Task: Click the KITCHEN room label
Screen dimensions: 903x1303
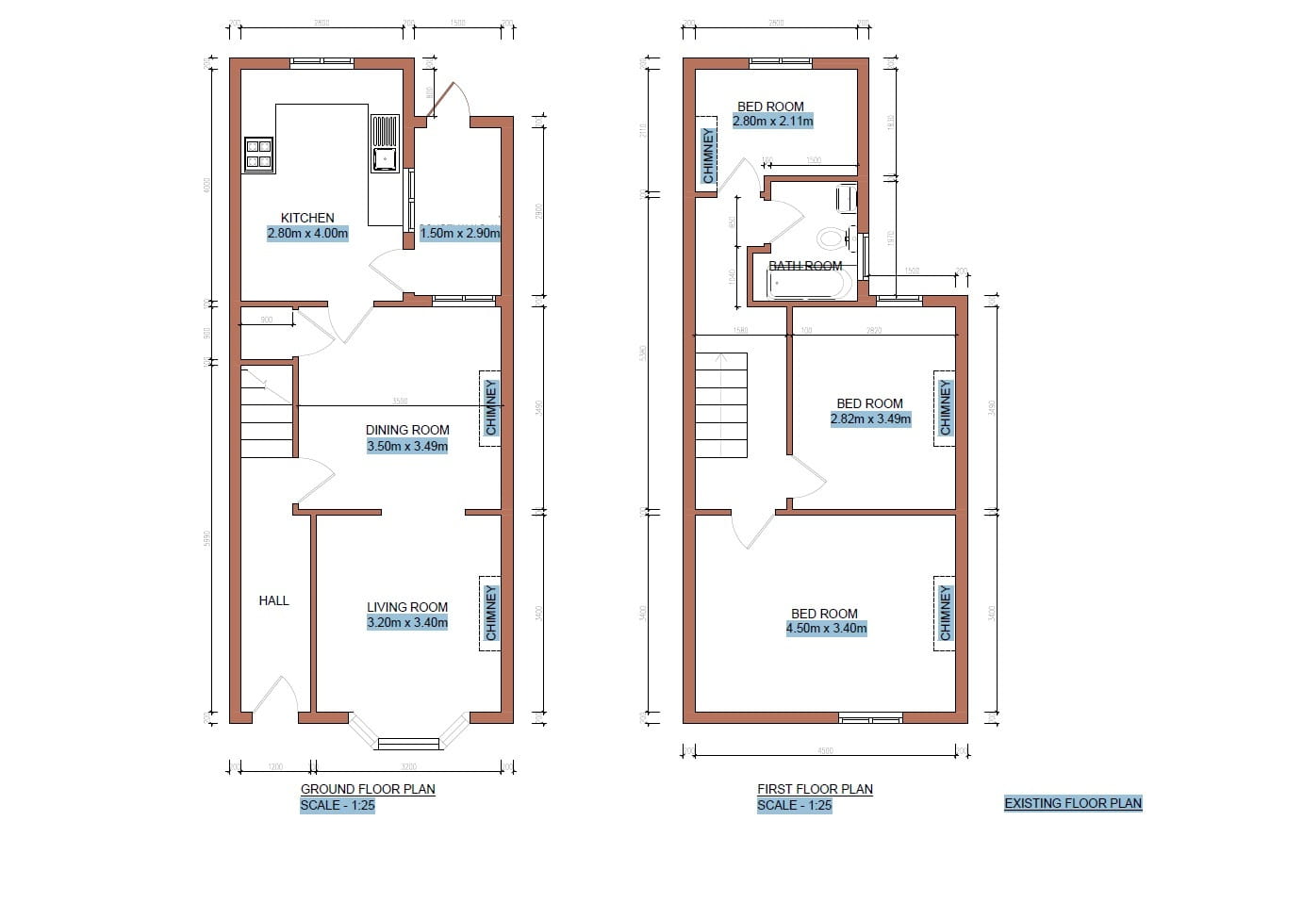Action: click(x=307, y=218)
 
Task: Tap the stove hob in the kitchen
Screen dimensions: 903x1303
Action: click(x=258, y=154)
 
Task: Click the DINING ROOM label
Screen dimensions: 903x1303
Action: click(x=407, y=430)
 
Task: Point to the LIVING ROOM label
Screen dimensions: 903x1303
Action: click(x=407, y=607)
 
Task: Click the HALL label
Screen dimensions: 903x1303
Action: click(x=273, y=600)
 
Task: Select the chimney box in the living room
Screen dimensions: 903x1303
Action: click(x=490, y=613)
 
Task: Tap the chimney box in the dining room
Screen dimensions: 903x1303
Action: click(x=490, y=408)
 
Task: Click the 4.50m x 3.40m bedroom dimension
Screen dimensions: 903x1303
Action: click(x=826, y=628)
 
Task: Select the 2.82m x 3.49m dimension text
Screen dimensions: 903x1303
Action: click(x=870, y=419)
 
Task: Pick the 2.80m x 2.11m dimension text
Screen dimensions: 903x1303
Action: click(x=772, y=122)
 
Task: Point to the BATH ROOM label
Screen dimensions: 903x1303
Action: click(x=805, y=266)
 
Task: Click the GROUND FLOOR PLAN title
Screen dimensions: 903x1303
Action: click(x=368, y=789)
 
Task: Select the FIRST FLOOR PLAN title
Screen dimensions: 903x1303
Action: click(x=815, y=789)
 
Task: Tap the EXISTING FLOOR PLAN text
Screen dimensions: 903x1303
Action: click(x=1072, y=804)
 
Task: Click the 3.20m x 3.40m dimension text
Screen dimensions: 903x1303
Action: click(x=407, y=622)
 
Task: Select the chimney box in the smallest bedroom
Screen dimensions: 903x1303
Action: click(x=709, y=156)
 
